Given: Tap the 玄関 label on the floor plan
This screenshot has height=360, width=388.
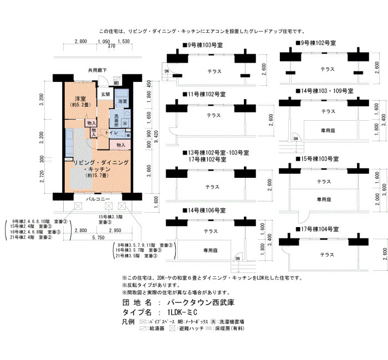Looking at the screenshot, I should pos(105,94).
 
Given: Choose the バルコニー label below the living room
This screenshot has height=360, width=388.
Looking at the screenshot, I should pos(98,198).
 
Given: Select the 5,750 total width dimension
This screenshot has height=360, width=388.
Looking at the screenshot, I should pos(98,237).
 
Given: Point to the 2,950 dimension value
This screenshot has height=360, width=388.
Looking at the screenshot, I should pos(115,229).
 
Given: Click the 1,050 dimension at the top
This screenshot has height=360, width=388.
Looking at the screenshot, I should pos(103,42).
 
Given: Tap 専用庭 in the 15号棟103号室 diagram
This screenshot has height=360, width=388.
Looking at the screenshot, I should pos(324,199).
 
